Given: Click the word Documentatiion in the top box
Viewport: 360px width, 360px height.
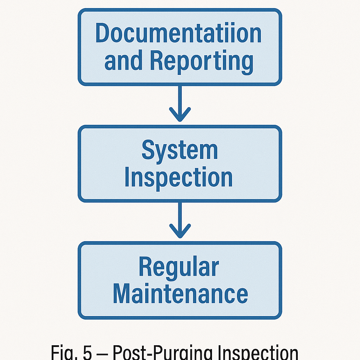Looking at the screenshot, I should click(178, 33).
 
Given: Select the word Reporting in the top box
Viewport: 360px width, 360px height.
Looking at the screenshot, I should click(201, 61).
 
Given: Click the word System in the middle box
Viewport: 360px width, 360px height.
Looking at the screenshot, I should click(180, 150).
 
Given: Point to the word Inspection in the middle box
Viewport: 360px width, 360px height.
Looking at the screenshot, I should click(178, 178).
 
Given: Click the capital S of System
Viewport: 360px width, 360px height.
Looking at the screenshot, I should click(148, 150).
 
